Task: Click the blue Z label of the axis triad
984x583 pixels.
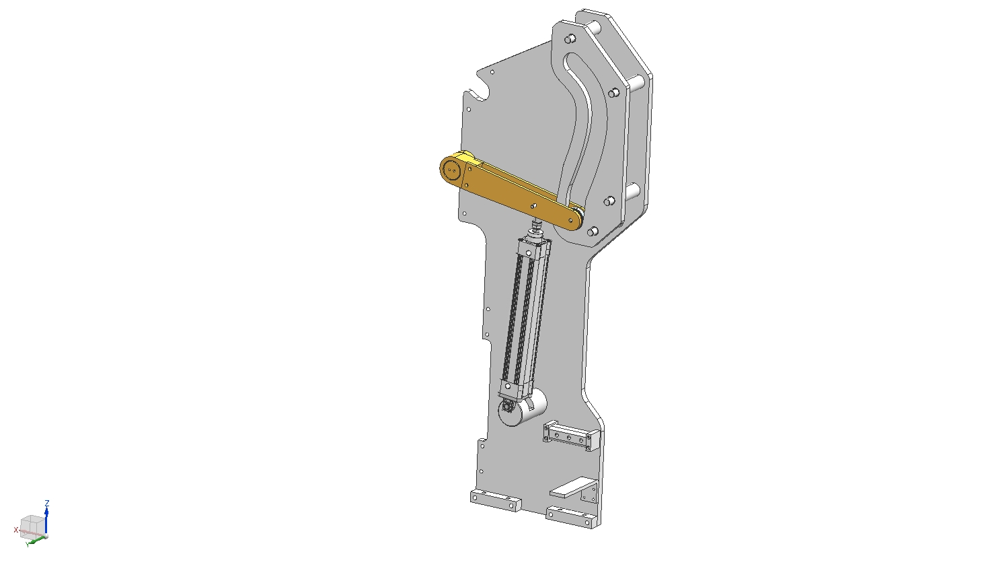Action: coord(47,502)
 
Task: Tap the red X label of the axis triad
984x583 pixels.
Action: coord(16,530)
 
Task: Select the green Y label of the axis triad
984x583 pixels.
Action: coord(28,545)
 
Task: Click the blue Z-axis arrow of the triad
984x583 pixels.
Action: coord(46,521)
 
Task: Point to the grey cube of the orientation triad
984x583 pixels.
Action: coord(32,526)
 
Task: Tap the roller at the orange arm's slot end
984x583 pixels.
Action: coord(579,216)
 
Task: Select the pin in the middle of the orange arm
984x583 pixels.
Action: coord(533,205)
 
